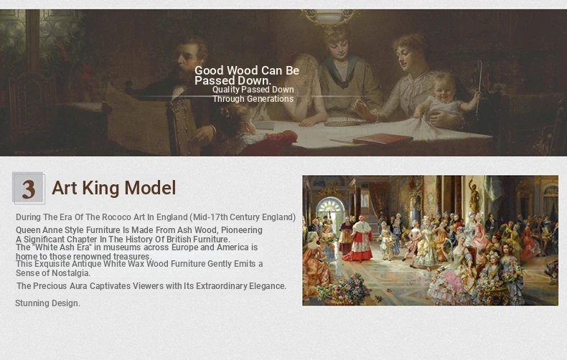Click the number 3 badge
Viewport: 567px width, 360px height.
[28, 188]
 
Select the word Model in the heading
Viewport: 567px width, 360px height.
[150, 188]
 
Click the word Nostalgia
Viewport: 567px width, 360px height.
[70, 273]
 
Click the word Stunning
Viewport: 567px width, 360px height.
[31, 303]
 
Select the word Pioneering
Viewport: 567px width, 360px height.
[242, 230]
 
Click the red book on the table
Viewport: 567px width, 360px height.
[383, 138]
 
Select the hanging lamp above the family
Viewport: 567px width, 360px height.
[329, 17]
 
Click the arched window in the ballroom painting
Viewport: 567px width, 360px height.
[330, 209]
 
